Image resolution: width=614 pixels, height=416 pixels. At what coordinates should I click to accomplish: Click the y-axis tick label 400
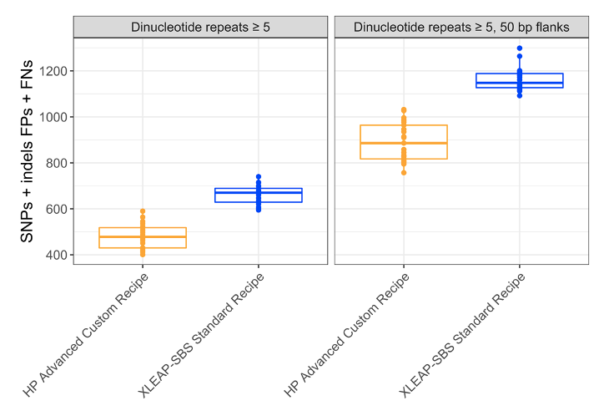(x=55, y=255)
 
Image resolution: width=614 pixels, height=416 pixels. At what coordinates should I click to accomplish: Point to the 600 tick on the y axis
(x=55, y=209)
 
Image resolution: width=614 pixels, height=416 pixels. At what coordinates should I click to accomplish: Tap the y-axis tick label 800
(x=55, y=163)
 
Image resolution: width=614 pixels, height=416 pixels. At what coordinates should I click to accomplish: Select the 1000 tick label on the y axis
(x=52, y=117)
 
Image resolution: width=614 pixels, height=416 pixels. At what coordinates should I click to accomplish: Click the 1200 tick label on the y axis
(x=52, y=71)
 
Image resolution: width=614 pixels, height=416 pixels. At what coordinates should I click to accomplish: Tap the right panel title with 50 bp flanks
(x=461, y=27)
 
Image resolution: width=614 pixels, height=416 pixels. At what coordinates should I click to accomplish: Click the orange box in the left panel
(x=142, y=238)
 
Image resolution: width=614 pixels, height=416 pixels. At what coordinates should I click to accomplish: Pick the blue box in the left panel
(x=259, y=195)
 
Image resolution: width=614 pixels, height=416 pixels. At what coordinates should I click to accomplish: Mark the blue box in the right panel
(x=520, y=80)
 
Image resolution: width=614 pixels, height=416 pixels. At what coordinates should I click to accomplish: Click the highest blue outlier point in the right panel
(x=520, y=48)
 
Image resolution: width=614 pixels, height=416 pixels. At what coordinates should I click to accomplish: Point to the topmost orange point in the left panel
(x=142, y=211)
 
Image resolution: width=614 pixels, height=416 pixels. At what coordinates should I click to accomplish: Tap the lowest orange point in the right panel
(x=404, y=172)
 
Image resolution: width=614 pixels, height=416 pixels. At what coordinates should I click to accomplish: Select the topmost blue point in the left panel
(x=259, y=177)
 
